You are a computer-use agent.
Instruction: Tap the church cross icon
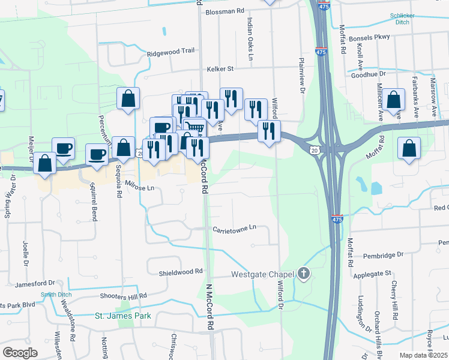(304, 275)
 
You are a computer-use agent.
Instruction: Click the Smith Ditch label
(54, 295)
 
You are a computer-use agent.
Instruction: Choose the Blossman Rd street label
(225, 11)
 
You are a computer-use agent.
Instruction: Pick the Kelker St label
(220, 69)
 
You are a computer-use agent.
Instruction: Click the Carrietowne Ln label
(234, 228)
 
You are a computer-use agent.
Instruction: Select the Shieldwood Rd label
(181, 272)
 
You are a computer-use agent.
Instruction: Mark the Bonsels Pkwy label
(369, 37)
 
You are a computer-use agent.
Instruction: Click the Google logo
(20, 353)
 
